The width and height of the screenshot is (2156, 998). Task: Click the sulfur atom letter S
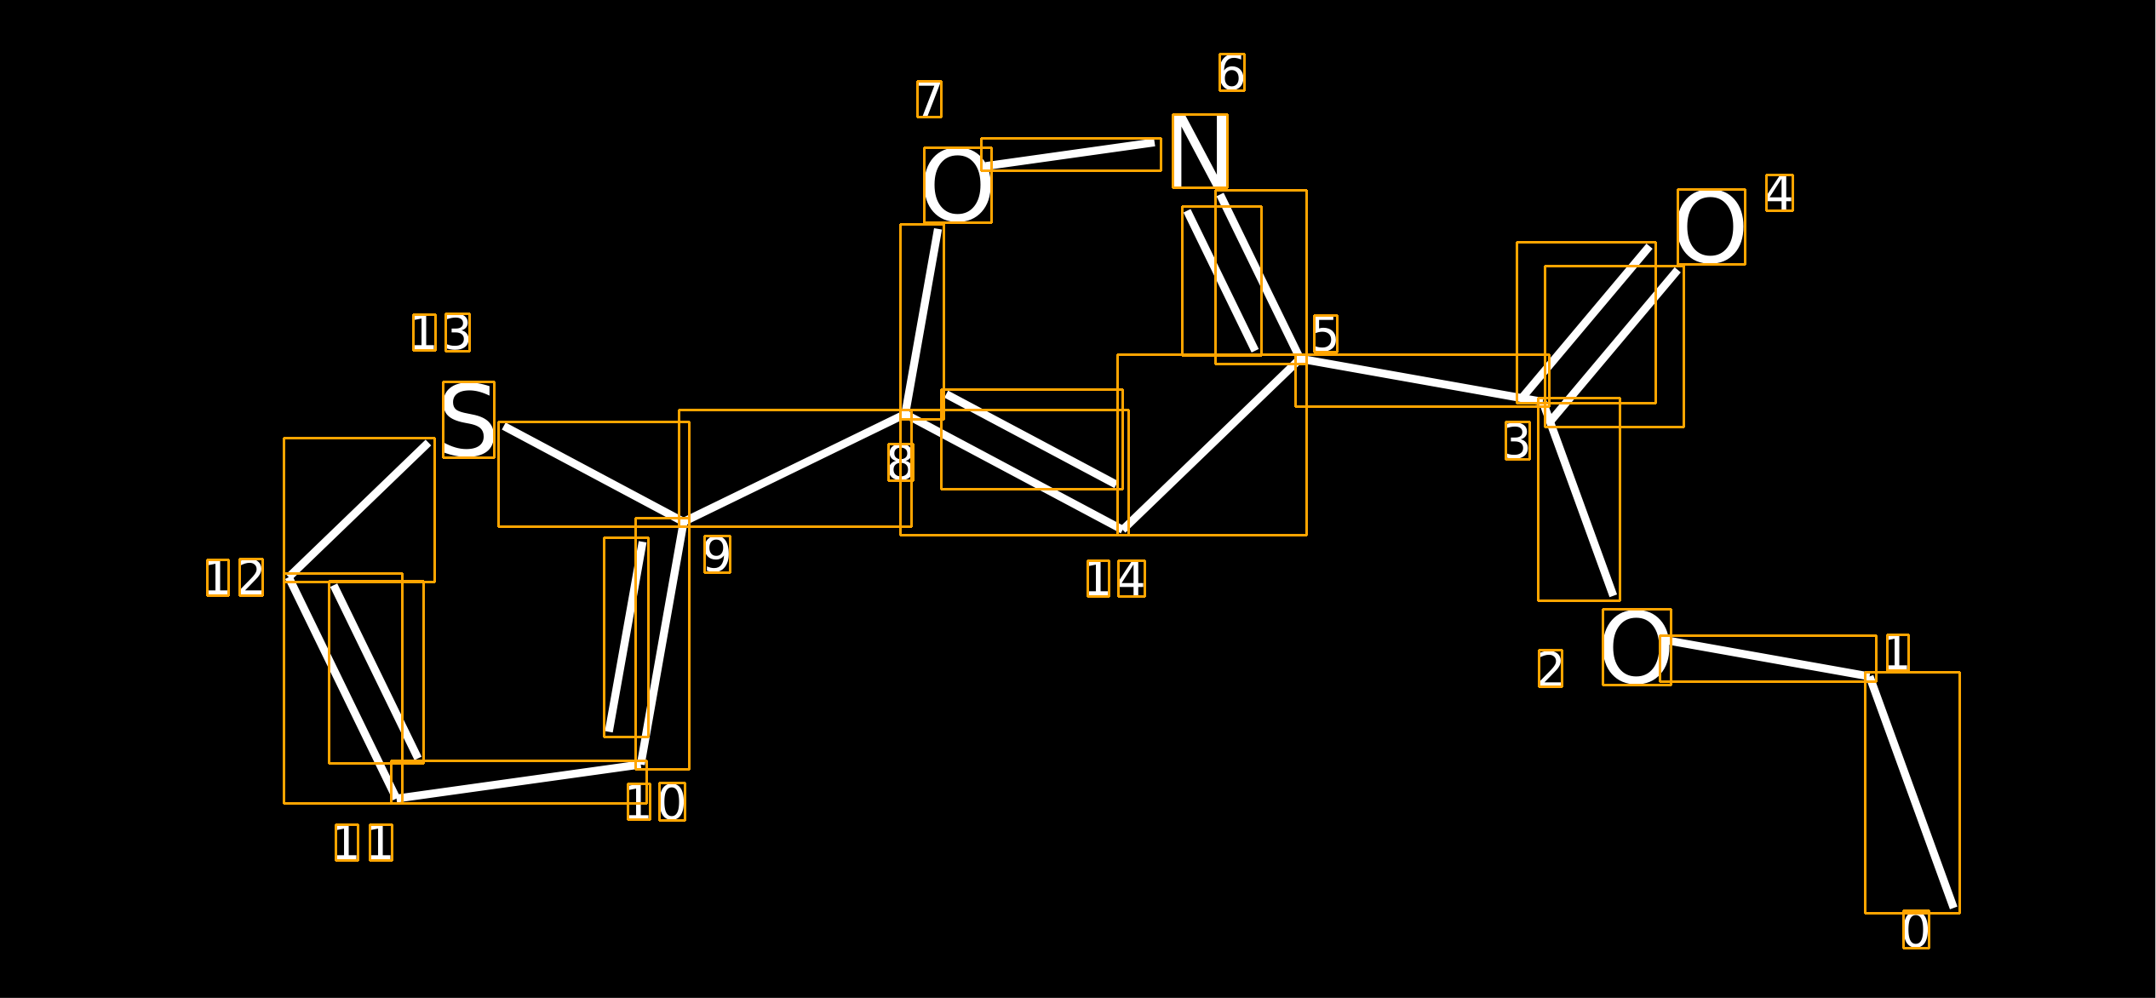(468, 420)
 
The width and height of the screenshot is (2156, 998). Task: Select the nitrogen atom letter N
(1200, 152)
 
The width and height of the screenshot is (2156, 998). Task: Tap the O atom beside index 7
(958, 186)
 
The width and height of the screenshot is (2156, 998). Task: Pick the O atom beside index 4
(1712, 227)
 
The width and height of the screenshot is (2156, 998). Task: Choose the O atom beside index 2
(1637, 647)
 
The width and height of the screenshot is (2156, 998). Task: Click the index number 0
(1916, 930)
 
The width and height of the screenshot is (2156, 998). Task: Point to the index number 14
(1115, 579)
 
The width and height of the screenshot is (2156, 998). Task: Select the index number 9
(717, 554)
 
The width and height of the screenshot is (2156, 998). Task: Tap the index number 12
(235, 577)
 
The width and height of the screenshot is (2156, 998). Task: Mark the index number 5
(1325, 334)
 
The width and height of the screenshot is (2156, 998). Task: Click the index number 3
(1517, 441)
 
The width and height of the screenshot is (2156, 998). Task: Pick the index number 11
(364, 842)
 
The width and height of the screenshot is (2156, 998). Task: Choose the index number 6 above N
(1231, 72)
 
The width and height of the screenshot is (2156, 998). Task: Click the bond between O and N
(1071, 154)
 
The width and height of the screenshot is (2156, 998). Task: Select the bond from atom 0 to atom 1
(1912, 792)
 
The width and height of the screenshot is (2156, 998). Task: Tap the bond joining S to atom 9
(594, 473)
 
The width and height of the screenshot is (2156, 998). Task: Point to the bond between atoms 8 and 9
(795, 467)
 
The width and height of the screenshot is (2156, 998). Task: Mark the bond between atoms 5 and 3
(1422, 380)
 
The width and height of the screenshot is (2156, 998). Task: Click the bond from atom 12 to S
(359, 510)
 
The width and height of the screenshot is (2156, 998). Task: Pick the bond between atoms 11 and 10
(519, 782)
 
